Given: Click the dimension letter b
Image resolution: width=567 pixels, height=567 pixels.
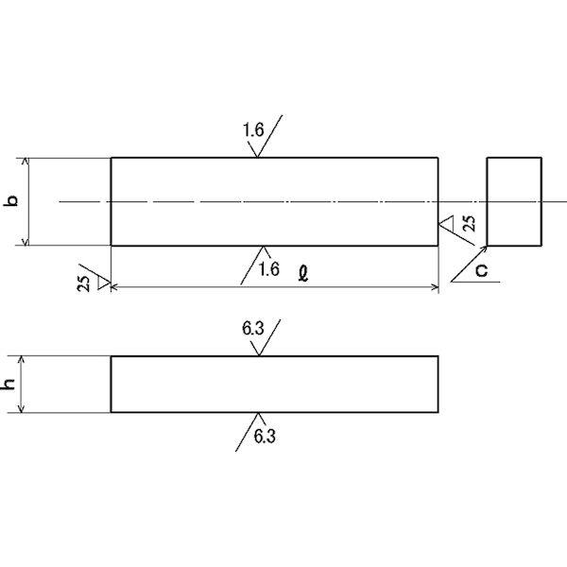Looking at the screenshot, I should (x=12, y=200).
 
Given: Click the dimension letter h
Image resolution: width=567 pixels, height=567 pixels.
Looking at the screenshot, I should (x=10, y=385).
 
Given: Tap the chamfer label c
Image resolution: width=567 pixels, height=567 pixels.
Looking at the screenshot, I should (x=482, y=271).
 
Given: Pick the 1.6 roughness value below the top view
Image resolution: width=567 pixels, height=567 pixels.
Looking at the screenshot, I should (x=268, y=269).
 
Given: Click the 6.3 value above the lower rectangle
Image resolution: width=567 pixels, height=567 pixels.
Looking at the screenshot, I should (x=252, y=330).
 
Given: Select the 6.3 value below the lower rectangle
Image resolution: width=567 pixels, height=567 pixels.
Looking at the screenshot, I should (x=266, y=437).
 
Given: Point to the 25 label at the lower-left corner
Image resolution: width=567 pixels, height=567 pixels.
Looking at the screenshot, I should (x=84, y=284).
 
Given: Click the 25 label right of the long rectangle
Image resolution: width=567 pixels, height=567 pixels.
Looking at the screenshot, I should (x=470, y=227).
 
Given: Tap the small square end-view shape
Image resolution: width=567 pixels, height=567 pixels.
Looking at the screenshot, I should (x=514, y=201).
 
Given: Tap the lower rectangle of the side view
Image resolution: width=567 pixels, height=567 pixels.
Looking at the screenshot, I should (x=274, y=385).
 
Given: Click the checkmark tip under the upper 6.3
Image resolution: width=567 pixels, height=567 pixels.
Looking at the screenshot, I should (x=258, y=355).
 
